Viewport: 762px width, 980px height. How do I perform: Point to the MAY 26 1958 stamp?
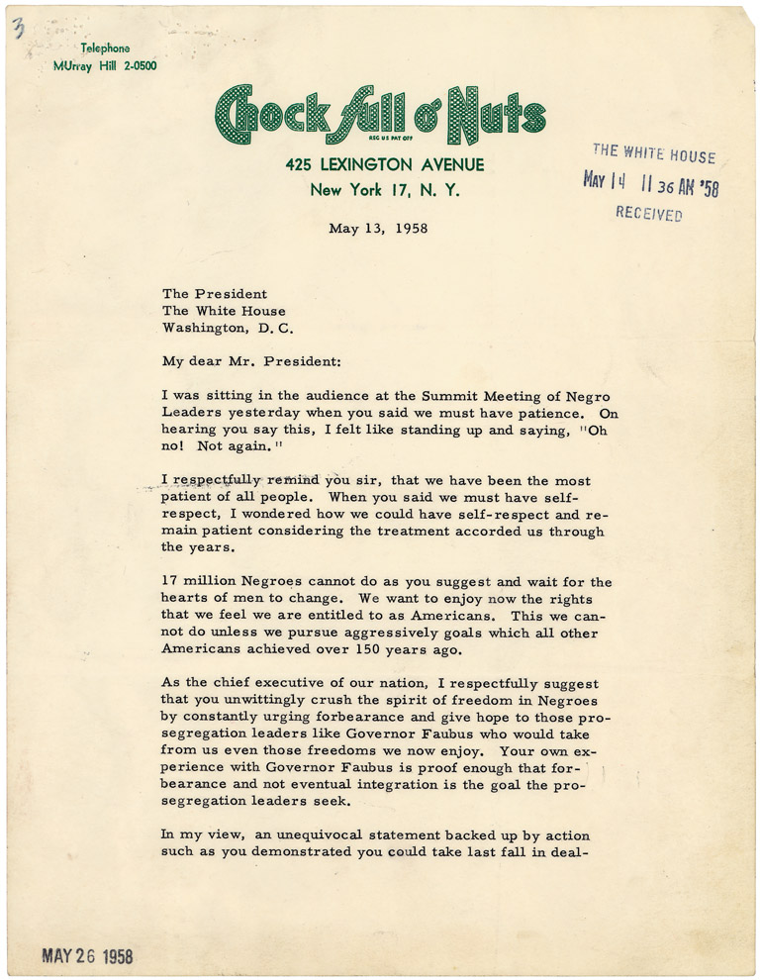tap(87, 956)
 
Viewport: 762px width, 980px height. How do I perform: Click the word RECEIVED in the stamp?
tap(648, 214)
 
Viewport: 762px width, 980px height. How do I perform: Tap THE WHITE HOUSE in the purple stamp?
tap(653, 152)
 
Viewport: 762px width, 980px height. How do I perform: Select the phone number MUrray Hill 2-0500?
tap(105, 65)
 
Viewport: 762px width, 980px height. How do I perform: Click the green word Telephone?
tap(105, 48)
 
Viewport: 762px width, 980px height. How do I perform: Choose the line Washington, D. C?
tap(228, 328)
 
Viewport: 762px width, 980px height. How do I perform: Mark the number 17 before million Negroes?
tap(170, 582)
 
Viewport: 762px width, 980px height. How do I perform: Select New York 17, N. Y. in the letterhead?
tap(384, 190)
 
